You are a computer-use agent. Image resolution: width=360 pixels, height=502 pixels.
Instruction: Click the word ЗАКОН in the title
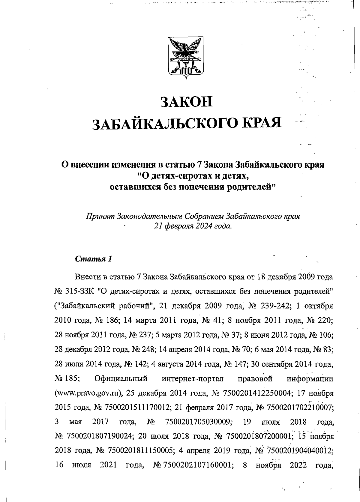(186, 102)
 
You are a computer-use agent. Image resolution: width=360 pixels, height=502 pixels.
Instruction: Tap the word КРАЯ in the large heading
(261, 123)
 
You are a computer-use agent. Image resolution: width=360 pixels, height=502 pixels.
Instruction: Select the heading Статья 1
(94, 259)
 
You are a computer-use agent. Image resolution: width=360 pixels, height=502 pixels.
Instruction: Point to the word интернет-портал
(193, 379)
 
